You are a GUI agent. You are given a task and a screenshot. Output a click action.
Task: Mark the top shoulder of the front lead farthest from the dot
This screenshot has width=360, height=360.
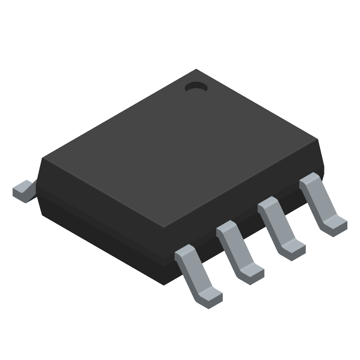pos(185,254)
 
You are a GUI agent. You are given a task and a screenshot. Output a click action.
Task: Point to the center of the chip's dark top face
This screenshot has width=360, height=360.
pos(180,148)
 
